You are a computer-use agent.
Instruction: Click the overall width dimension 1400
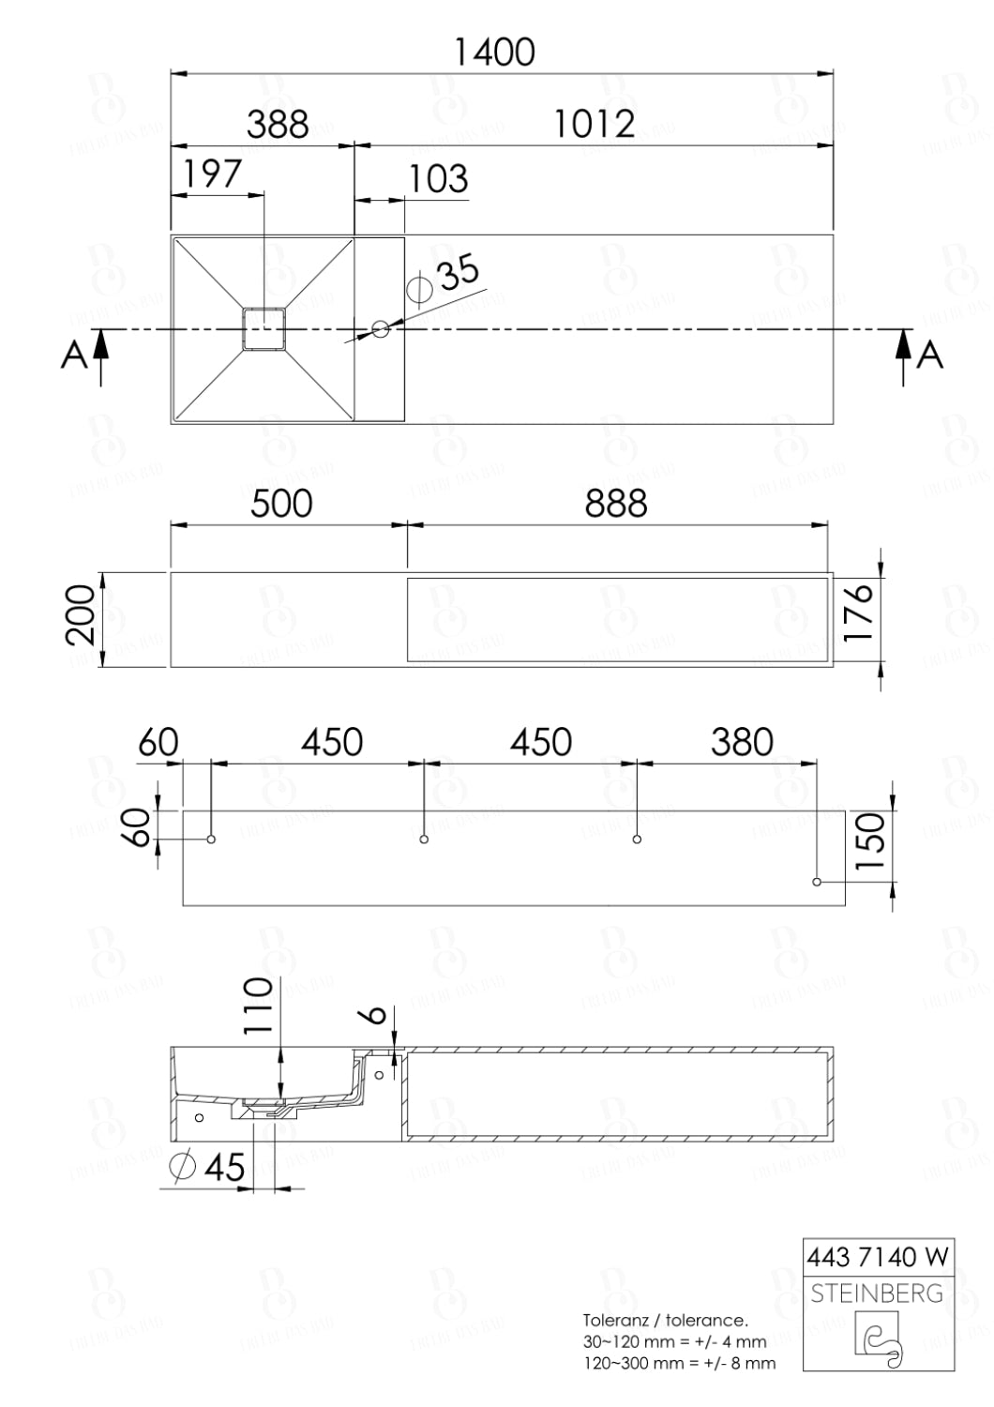(x=494, y=53)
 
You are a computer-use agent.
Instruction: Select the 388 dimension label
(x=278, y=124)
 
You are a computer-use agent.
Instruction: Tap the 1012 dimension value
(x=595, y=124)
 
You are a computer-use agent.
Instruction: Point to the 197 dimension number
(x=212, y=174)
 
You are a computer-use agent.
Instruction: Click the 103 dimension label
(x=439, y=178)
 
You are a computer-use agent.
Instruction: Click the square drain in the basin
(x=264, y=329)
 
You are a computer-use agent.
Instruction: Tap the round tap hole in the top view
(x=381, y=329)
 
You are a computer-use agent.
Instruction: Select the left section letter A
(x=74, y=356)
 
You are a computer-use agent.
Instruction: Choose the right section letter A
(x=928, y=356)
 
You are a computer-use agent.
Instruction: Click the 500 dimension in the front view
(x=281, y=504)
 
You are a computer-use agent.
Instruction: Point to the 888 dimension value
(x=616, y=504)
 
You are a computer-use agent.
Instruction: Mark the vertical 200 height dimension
(x=82, y=615)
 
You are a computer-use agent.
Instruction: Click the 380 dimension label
(x=742, y=743)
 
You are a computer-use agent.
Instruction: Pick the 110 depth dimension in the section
(x=258, y=1005)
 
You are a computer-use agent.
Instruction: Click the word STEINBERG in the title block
(x=877, y=1294)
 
